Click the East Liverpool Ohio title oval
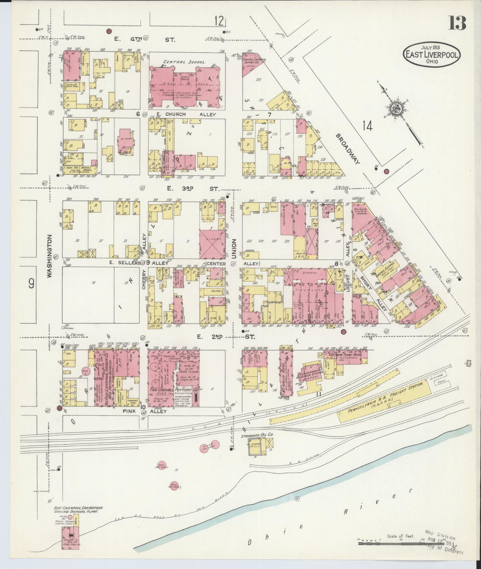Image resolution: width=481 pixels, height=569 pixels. (432, 55)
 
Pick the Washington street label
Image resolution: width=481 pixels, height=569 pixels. (49, 256)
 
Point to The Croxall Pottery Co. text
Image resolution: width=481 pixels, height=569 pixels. (174, 390)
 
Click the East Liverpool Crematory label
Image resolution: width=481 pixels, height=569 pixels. (78, 508)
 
